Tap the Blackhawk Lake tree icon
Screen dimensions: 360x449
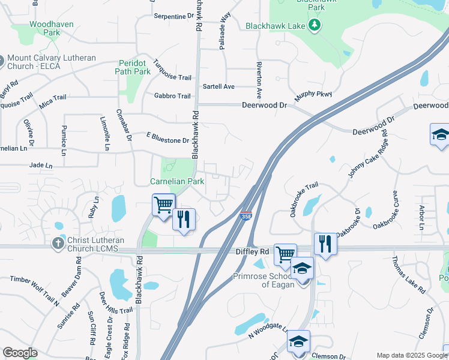(313, 25)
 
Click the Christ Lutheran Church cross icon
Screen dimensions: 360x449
(58, 243)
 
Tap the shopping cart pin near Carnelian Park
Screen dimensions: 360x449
(163, 205)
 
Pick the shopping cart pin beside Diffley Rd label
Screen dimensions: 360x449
(285, 254)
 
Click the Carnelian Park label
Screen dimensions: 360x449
(176, 181)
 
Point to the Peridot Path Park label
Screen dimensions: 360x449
(133, 67)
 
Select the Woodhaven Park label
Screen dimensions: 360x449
(46, 28)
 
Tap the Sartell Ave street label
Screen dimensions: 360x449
(218, 86)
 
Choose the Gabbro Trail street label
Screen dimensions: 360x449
(172, 96)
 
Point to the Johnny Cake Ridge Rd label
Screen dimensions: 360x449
(368, 157)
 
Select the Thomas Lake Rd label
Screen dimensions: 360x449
(409, 274)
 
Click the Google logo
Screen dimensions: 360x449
(20, 353)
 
